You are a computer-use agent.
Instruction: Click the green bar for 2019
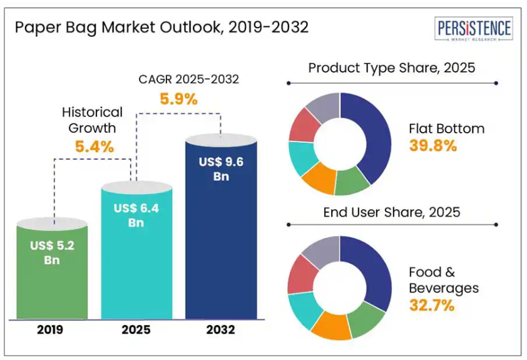(x=52, y=275)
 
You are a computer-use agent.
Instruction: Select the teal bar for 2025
(x=136, y=263)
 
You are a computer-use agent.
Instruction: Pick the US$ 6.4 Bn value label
(x=136, y=215)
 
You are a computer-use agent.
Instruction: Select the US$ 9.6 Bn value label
(x=220, y=168)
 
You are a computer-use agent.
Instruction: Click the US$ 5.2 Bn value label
(x=52, y=252)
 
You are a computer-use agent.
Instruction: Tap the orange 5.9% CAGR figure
(x=180, y=98)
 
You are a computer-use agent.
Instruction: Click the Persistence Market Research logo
(x=473, y=30)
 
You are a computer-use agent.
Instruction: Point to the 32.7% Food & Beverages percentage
(x=432, y=306)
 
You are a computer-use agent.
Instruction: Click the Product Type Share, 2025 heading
(x=392, y=68)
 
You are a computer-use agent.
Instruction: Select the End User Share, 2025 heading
(x=392, y=212)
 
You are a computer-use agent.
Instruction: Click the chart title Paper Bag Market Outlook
(x=161, y=28)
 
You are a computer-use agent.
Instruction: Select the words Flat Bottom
(x=446, y=129)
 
